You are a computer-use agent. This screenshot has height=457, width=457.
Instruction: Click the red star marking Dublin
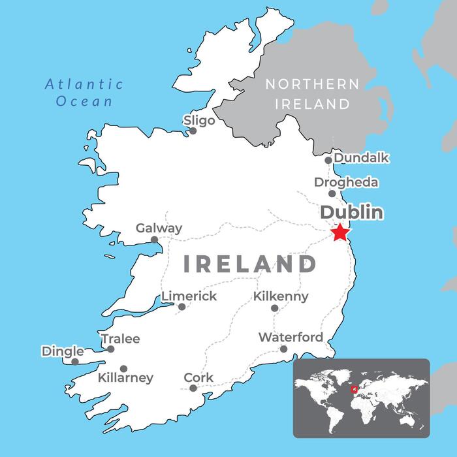pos(340,232)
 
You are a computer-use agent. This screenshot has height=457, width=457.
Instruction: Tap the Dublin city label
pos(351,213)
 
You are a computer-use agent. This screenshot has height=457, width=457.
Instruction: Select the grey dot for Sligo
pos(193,131)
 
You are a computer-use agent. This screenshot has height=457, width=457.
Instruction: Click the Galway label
pos(159,228)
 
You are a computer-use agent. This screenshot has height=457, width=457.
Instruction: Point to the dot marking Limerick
pos(182,307)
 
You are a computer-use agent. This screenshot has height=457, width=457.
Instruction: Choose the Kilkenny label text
pos(281,296)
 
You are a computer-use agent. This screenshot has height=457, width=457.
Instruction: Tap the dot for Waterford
pos(283,349)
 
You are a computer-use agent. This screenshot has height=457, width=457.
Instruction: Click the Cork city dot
pos(193,388)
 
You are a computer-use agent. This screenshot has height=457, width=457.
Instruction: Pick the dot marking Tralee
pos(111,349)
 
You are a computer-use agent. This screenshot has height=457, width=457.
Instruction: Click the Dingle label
pos(63,351)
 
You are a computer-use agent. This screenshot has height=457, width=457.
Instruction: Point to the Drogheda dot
pos(332,193)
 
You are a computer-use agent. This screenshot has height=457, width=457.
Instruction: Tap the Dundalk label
pos(361,158)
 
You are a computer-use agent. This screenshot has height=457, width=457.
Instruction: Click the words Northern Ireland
pos(311,93)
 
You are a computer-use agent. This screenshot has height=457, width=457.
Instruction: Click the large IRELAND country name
pos(249,264)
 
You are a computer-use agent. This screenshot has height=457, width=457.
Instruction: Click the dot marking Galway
pos(155,240)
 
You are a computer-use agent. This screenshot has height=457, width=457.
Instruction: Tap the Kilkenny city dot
pos(275,308)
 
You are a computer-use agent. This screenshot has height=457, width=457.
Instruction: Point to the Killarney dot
pos(123,369)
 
